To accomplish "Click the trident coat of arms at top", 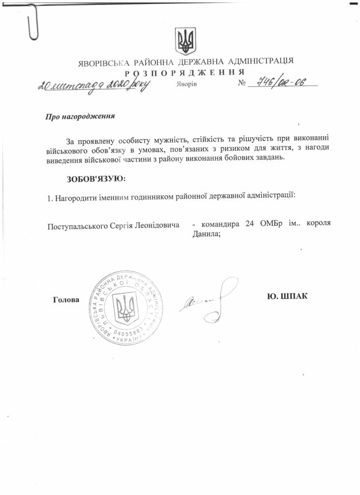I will [x=185, y=41].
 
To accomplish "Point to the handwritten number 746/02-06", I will [x=281, y=84].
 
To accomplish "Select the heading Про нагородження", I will [x=80, y=116].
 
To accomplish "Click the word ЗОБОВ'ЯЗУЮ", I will [x=96, y=179].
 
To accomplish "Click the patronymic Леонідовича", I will [x=158, y=225].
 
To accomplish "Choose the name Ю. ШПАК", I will [x=287, y=296].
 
